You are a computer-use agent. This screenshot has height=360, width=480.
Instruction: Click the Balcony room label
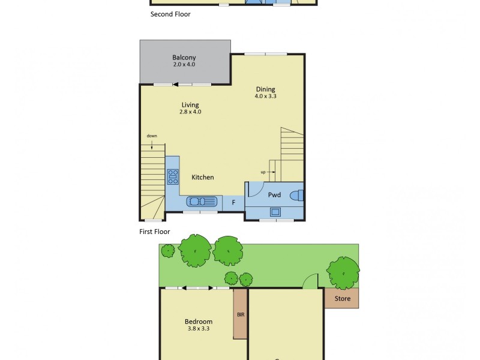(x=184, y=58)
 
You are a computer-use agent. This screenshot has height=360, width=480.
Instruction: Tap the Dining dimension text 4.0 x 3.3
(x=265, y=96)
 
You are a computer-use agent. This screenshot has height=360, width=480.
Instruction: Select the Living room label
(x=190, y=105)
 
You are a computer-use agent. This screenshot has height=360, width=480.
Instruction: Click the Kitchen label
(x=203, y=177)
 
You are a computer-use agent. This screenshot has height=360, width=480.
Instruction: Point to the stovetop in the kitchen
(x=173, y=176)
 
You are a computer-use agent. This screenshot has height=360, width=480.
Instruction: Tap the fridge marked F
(x=233, y=203)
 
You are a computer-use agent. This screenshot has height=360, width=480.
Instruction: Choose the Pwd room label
(x=275, y=195)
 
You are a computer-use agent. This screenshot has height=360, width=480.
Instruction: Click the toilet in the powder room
(x=297, y=195)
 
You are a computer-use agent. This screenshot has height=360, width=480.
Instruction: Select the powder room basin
(x=275, y=211)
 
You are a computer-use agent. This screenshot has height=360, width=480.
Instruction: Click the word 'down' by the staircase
(x=152, y=136)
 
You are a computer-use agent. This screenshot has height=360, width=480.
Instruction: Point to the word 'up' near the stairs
(x=263, y=172)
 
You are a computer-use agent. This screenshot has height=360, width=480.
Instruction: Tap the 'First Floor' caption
(x=154, y=232)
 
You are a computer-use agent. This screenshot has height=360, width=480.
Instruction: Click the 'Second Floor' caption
(x=170, y=14)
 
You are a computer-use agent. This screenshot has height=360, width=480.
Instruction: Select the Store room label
(x=342, y=298)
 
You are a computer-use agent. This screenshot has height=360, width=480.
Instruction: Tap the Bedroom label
(x=199, y=322)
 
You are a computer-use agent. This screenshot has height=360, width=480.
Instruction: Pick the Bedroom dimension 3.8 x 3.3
(x=199, y=329)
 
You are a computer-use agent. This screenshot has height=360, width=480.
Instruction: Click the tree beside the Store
(x=344, y=272)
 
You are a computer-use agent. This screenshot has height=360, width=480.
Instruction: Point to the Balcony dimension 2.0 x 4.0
(x=184, y=64)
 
